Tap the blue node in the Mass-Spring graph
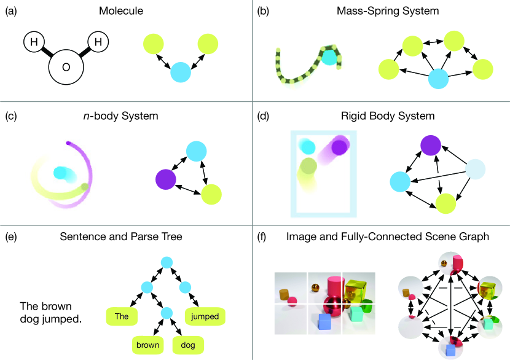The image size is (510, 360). pyautogui.click(x=437, y=79)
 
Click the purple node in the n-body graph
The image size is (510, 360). pyautogui.click(x=165, y=179)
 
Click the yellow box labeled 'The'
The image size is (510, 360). pyautogui.click(x=122, y=317)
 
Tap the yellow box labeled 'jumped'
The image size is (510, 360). pyautogui.click(x=205, y=316)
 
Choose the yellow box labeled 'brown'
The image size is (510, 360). pyautogui.click(x=148, y=345)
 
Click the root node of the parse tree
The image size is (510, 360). pyautogui.click(x=166, y=262)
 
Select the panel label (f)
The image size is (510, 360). pyautogui.click(x=262, y=237)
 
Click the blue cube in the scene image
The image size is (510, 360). pyautogui.click(x=325, y=321)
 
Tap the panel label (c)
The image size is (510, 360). pyautogui.click(x=10, y=115)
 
